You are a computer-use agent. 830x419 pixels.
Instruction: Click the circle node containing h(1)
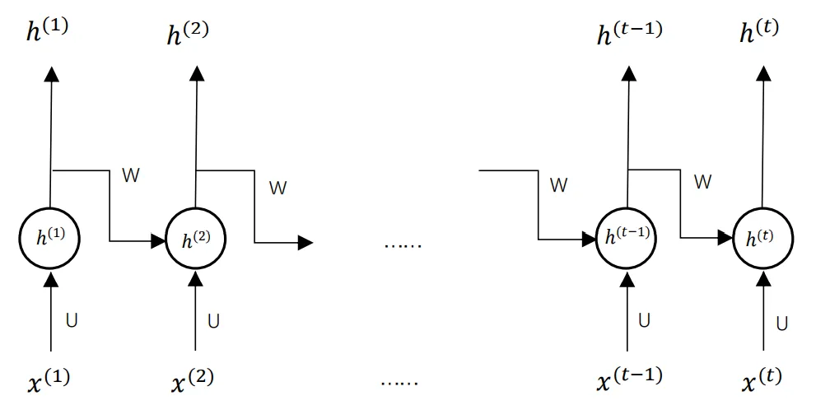(51, 239)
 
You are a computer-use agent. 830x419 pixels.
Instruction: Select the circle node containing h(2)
(195, 240)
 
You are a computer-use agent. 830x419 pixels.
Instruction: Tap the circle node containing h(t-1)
(627, 238)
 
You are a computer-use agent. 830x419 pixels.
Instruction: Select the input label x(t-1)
(628, 376)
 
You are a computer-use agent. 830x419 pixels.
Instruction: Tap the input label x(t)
(762, 379)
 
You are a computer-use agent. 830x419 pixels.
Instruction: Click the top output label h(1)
(49, 34)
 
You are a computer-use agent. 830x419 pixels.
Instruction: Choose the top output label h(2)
(188, 35)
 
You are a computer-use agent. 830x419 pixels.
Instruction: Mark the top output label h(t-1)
(628, 32)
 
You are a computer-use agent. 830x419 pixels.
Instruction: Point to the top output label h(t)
(759, 32)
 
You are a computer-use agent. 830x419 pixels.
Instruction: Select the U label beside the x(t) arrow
(781, 324)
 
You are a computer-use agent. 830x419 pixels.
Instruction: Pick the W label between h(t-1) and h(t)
(702, 182)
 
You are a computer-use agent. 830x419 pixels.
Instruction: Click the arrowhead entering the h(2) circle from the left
(157, 241)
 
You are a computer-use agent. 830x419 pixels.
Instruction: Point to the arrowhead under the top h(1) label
(52, 74)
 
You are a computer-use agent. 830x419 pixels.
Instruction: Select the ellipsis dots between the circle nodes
(403, 244)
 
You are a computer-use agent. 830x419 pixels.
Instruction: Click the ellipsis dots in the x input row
(400, 381)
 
